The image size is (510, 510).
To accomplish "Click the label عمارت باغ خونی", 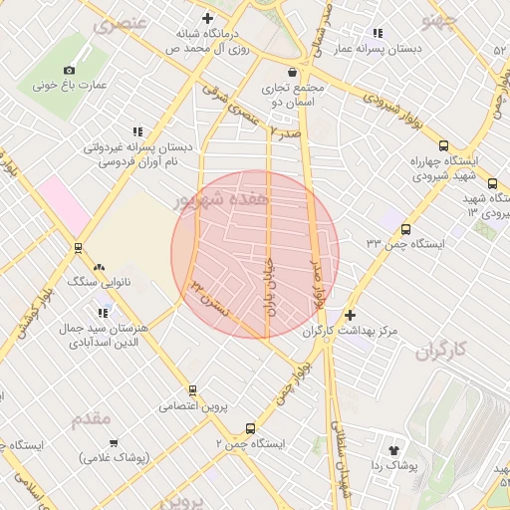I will pos(69,86).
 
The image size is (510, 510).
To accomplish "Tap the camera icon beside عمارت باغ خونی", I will pos(69,70).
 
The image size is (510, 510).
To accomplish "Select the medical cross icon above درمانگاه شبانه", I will pos(207,18).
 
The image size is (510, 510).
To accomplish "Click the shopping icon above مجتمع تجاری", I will pos(291,72).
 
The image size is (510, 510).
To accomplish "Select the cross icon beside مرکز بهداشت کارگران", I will pos(350,315).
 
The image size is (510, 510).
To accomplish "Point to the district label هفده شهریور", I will pos(221,200).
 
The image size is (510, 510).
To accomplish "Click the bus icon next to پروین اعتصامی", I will pos(192,390).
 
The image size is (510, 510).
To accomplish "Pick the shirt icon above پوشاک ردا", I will pos(404,450).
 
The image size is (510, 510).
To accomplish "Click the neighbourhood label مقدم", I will pos(91,419).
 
